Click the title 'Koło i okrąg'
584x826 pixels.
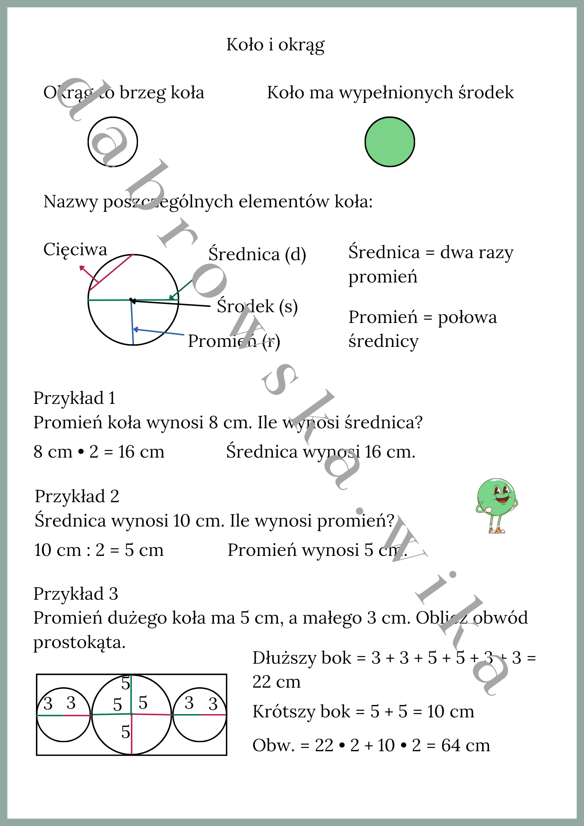[x=275, y=45]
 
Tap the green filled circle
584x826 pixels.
[x=389, y=142]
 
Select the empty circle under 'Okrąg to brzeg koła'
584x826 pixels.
[x=112, y=142]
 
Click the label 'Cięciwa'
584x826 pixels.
[x=75, y=249]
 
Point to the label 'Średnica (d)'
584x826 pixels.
[x=257, y=254]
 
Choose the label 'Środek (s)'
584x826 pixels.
[x=257, y=306]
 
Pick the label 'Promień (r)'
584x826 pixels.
[x=234, y=341]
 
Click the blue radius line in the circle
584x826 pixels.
[x=132, y=322]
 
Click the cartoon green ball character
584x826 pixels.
[x=496, y=505]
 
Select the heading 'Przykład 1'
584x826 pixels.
[x=74, y=398]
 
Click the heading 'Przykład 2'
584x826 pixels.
[x=77, y=496]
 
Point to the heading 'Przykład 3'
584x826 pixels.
[x=76, y=594]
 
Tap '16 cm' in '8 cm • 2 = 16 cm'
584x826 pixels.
[x=141, y=452]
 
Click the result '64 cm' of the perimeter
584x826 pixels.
[x=465, y=745]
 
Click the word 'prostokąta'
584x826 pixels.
[x=79, y=643]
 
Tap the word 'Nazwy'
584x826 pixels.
[x=71, y=202]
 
